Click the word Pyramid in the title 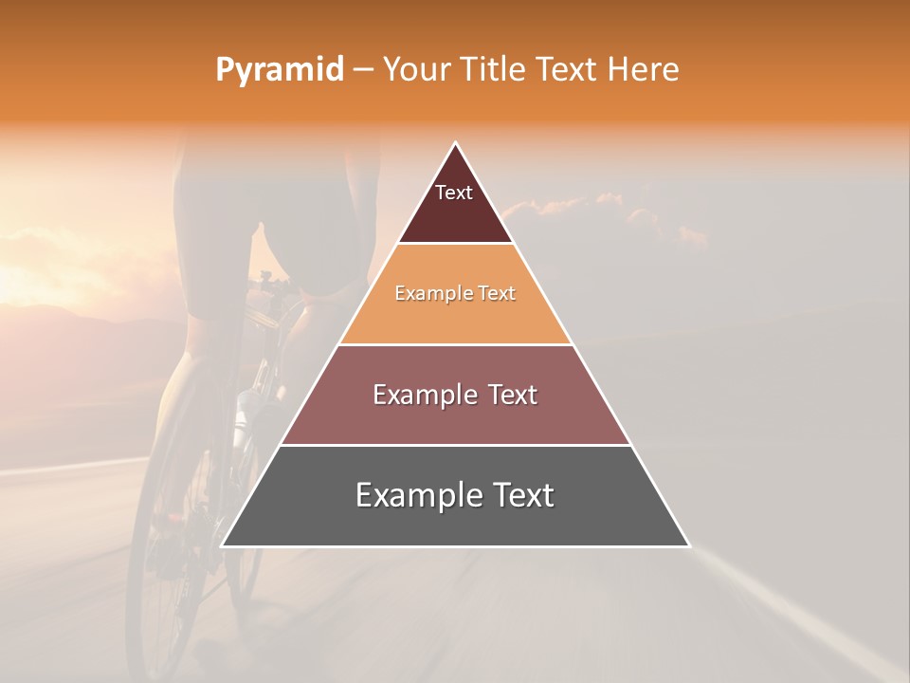279,70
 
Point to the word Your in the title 413,70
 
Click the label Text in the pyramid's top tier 453,193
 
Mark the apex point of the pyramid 455,143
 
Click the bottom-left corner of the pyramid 223,545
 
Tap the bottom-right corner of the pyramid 688,545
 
